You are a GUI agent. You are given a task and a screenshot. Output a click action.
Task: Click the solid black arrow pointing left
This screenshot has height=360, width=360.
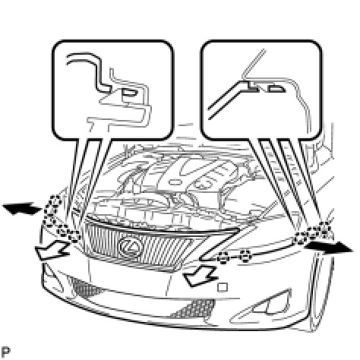pos(21,208)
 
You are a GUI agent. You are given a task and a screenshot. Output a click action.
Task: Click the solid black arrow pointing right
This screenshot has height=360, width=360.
pos(328,248)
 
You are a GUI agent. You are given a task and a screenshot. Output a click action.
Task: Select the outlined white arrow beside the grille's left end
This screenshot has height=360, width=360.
pos(52,250)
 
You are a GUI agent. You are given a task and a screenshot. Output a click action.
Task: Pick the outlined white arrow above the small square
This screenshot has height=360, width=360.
pos(200,276)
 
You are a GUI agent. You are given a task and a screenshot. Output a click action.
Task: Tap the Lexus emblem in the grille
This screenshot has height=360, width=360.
pos(130,246)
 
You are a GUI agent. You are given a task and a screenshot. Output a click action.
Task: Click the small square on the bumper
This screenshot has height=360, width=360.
pos(223,287)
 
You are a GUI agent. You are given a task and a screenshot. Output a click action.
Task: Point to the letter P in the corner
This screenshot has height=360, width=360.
pos(5,352)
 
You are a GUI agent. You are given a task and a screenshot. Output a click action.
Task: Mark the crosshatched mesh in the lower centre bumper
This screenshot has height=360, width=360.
pos(194,308)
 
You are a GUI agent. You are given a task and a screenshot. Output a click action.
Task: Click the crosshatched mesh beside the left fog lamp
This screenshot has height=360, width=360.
pos(82,287)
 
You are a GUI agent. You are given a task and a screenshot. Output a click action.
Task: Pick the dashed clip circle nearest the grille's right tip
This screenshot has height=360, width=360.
pos(223,258)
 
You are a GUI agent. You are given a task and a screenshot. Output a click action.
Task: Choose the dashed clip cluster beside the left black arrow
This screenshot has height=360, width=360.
pos(52,210)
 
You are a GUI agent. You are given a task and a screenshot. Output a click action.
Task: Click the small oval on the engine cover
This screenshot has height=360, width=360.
pos(175,182)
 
